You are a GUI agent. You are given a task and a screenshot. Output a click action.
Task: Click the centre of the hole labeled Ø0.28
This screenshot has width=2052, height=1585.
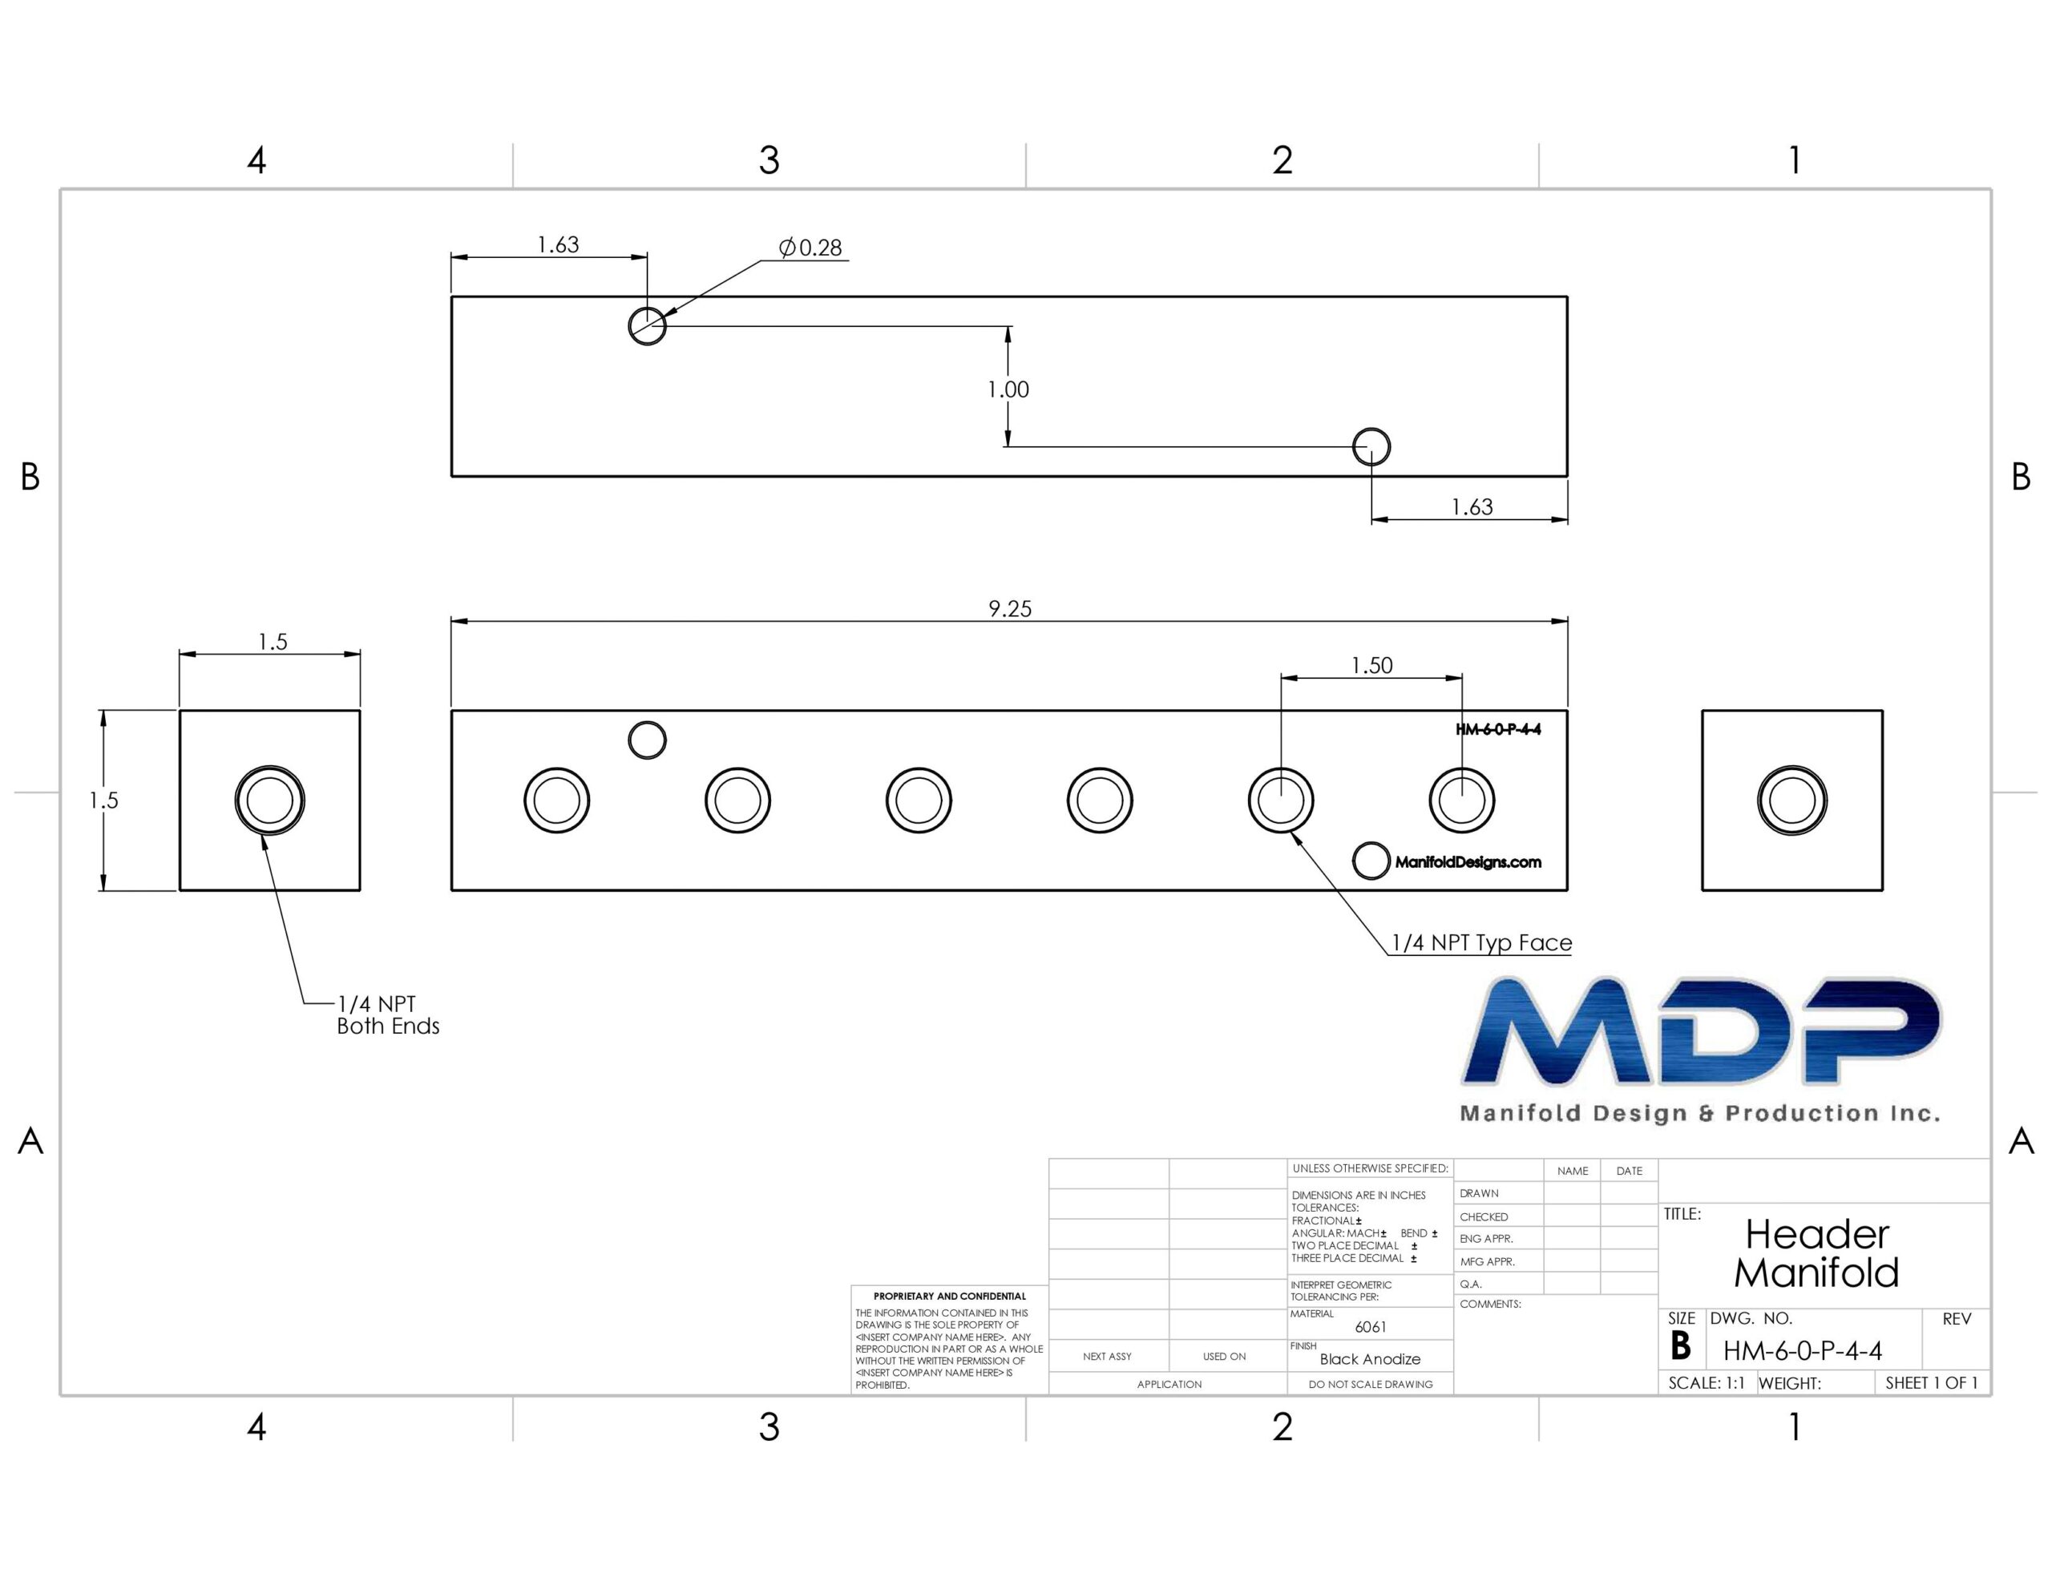pos(648,326)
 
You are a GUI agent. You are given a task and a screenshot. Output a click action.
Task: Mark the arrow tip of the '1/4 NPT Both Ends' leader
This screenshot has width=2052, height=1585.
pos(263,835)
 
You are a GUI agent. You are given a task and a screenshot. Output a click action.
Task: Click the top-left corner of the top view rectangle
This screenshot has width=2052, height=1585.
pos(452,297)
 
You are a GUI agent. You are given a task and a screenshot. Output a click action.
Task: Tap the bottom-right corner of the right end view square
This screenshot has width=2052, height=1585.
pos(1882,889)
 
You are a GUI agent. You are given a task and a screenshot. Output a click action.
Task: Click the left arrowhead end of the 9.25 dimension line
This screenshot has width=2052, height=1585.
pos(452,621)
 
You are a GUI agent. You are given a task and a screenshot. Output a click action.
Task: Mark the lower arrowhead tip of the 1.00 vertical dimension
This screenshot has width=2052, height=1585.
pos(1008,446)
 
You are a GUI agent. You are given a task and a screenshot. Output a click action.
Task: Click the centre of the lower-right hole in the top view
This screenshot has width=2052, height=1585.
pos(1371,446)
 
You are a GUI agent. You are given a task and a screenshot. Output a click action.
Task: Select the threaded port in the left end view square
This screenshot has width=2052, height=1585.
pos(269,801)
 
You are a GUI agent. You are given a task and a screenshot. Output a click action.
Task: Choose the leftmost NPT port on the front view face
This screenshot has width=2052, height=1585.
pos(557,801)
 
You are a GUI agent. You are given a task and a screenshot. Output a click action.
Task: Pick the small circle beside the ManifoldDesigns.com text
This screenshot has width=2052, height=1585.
pos(1371,861)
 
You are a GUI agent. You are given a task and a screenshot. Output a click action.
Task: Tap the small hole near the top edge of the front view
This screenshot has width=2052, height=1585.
pos(648,740)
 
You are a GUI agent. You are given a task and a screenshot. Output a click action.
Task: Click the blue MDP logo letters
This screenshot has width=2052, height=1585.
pos(1701,1030)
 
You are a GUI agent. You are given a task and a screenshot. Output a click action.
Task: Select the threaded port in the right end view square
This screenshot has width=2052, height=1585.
pos(1791,801)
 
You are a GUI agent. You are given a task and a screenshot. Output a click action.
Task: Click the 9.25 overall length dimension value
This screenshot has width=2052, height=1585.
pos(1010,609)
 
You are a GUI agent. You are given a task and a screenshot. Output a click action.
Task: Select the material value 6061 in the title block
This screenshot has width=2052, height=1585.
pos(1371,1327)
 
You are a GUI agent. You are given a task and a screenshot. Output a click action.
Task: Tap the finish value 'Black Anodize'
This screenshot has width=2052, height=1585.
pos(1370,1358)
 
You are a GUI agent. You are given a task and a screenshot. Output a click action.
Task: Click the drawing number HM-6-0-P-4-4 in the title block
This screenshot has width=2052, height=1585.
pos(1802,1351)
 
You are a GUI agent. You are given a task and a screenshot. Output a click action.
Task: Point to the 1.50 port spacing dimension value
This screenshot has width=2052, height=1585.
pos(1371,665)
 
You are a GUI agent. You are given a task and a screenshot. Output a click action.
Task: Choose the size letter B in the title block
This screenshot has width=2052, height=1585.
pos(1681,1347)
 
